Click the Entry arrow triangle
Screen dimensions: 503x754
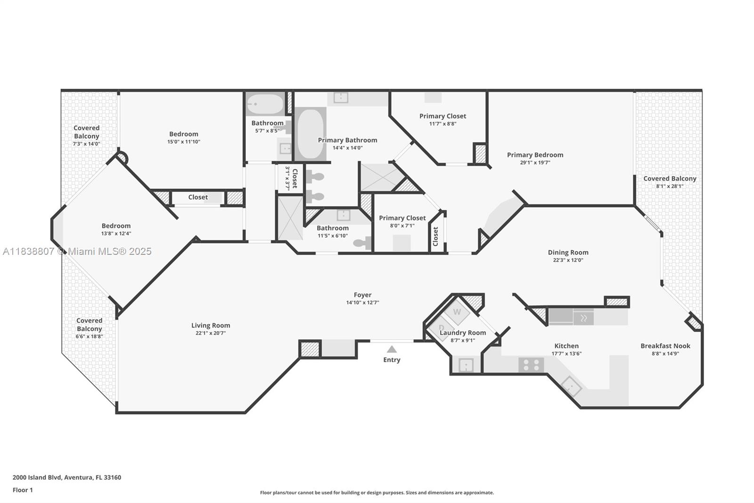(x=392, y=349)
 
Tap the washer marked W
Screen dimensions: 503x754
(x=457, y=312)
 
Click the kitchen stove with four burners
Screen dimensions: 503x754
(x=531, y=365)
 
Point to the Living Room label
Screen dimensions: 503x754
(x=211, y=325)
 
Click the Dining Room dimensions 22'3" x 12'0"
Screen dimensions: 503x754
(x=568, y=260)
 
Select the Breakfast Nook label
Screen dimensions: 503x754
(x=665, y=346)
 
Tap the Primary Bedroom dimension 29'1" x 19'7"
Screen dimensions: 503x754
(x=535, y=162)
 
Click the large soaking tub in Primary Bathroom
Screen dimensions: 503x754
(x=310, y=134)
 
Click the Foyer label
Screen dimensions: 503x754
(x=362, y=295)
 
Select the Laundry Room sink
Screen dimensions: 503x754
(x=466, y=365)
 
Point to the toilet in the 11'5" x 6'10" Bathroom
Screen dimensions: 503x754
(x=362, y=243)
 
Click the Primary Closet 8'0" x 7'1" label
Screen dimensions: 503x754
(x=402, y=218)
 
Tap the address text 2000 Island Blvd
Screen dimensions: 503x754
(x=66, y=477)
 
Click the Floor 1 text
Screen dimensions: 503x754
(x=23, y=490)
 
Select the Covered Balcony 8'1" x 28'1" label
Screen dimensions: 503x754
(x=669, y=178)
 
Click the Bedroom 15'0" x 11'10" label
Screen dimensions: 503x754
(x=183, y=134)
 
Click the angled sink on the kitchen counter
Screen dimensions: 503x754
(x=571, y=386)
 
